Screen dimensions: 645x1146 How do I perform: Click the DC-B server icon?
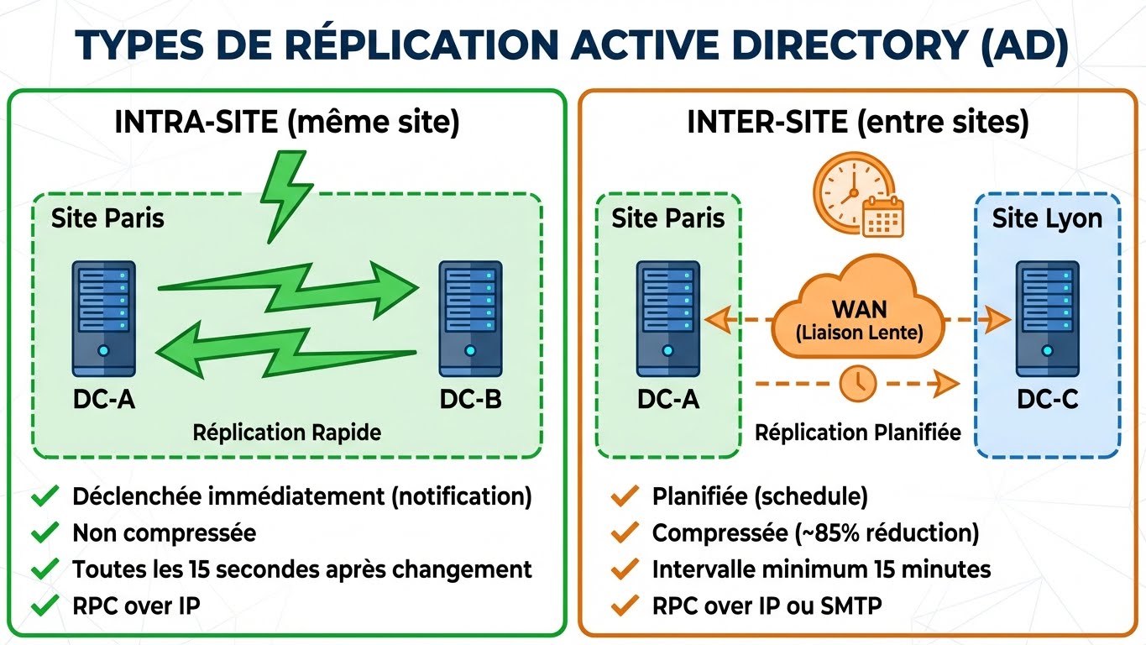470,318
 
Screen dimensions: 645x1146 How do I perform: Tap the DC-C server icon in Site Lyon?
1046,318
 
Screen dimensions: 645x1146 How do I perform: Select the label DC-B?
470,399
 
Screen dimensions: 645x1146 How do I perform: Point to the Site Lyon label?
1046,219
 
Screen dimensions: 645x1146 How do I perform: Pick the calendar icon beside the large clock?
882,217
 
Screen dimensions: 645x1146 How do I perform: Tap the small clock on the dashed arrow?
857,384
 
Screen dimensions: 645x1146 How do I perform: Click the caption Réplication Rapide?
286,433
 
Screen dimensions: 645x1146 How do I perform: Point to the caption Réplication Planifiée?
857,433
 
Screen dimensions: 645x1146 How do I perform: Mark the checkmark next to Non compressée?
43,532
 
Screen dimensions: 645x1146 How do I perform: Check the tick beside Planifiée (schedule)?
623,496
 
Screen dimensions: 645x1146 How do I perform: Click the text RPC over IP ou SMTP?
767,605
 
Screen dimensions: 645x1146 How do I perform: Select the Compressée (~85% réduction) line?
815,532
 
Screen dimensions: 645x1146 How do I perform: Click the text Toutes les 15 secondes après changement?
302,569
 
